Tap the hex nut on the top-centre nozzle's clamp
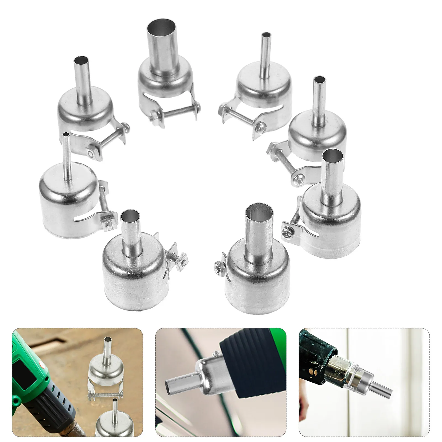click(x=153, y=118)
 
